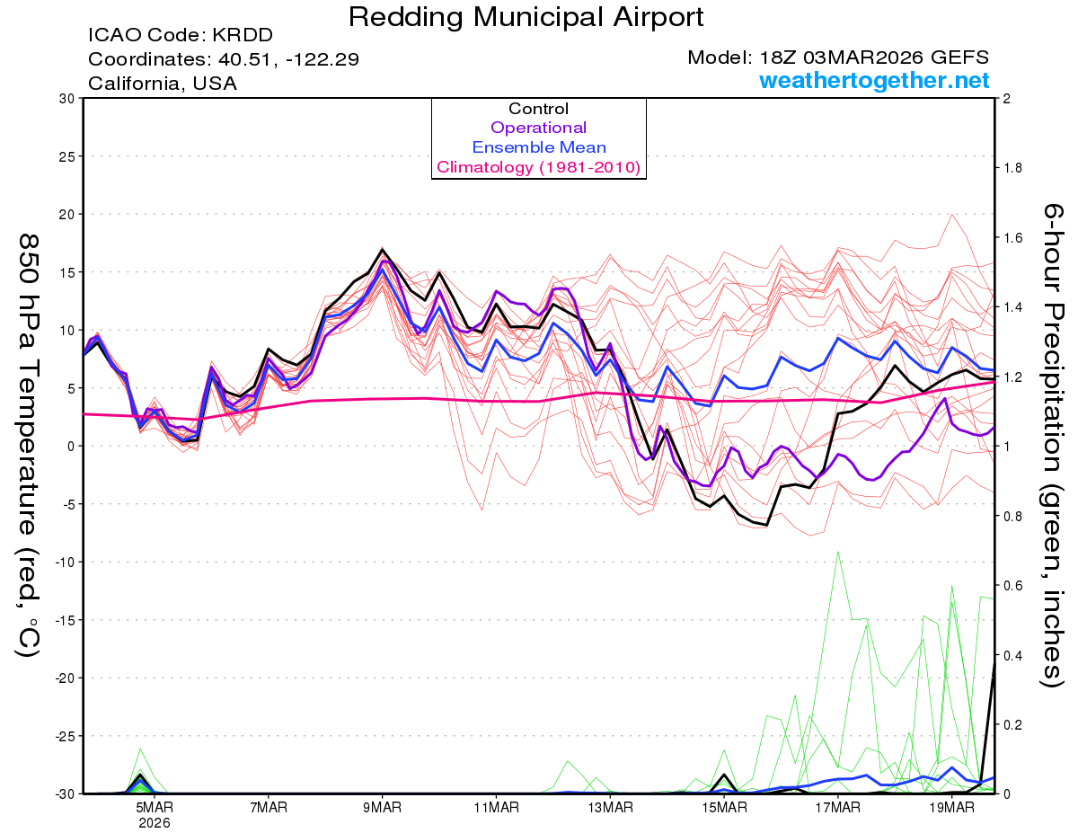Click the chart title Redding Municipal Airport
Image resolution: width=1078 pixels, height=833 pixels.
click(x=526, y=17)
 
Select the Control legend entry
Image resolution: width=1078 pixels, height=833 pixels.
click(x=538, y=109)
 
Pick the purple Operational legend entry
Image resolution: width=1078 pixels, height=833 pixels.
click(x=538, y=128)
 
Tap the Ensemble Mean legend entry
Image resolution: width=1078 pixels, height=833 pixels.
click(x=538, y=147)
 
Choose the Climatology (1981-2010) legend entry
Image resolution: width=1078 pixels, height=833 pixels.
click(x=538, y=167)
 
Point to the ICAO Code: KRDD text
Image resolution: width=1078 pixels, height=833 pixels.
click(x=180, y=36)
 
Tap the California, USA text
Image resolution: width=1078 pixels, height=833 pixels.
click(x=163, y=84)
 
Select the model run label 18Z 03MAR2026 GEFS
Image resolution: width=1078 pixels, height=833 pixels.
click(x=838, y=58)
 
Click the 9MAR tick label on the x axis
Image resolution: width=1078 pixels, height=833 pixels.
click(x=382, y=808)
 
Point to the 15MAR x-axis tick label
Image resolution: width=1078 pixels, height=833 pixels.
click(x=723, y=808)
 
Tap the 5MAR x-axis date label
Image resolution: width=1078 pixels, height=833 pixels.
click(x=155, y=808)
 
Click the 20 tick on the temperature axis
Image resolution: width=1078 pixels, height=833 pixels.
click(x=66, y=214)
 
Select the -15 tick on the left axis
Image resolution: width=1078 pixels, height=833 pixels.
click(x=63, y=620)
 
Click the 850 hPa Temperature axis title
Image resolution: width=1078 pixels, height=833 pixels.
click(x=27, y=445)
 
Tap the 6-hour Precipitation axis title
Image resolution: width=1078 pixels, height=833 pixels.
click(x=1051, y=445)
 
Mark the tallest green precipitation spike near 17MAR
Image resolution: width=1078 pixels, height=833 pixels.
click(x=838, y=553)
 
